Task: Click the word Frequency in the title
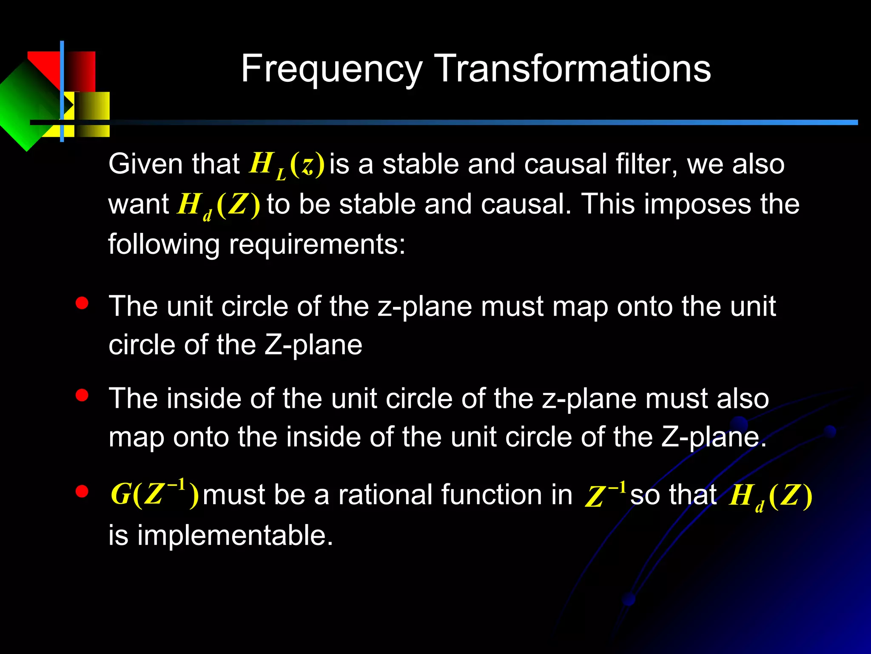[x=331, y=69]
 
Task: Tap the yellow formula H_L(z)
[x=286, y=165]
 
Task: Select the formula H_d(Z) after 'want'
[x=218, y=205]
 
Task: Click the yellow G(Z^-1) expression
[x=154, y=494]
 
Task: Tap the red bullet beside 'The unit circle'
[x=82, y=303]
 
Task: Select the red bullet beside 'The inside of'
[x=82, y=396]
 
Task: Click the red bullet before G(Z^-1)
[x=82, y=492]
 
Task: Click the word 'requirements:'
[x=317, y=245]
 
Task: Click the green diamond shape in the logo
[x=26, y=106]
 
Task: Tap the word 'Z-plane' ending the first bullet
[x=313, y=345]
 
